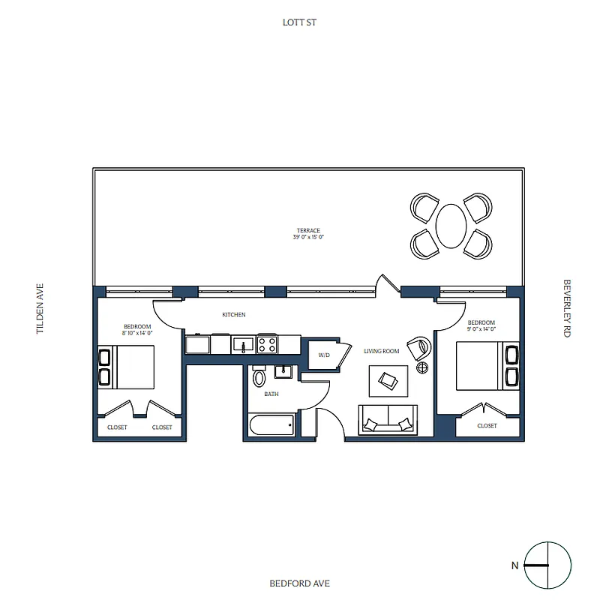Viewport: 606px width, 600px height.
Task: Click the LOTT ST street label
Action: tap(300, 22)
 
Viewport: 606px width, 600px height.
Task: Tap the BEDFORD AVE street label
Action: tap(300, 583)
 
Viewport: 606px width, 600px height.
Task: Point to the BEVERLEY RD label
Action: tap(566, 308)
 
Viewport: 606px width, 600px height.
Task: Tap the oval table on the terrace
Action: tap(451, 225)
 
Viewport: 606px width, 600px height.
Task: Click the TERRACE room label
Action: tap(308, 230)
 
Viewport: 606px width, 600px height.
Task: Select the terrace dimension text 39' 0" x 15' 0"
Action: tap(308, 237)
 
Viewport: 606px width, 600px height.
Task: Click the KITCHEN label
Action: tap(233, 315)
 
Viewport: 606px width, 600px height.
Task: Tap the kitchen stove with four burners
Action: tap(267, 344)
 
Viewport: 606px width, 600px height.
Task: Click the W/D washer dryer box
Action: tap(324, 355)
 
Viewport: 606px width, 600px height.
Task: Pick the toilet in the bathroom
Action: tap(259, 377)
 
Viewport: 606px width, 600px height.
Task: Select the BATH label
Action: tap(271, 394)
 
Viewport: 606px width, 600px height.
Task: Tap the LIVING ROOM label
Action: tap(381, 351)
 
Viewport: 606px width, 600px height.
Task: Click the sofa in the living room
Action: tap(388, 418)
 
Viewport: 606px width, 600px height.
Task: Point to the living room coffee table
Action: tap(388, 380)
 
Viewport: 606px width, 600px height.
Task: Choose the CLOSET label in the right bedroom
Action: tap(487, 426)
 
